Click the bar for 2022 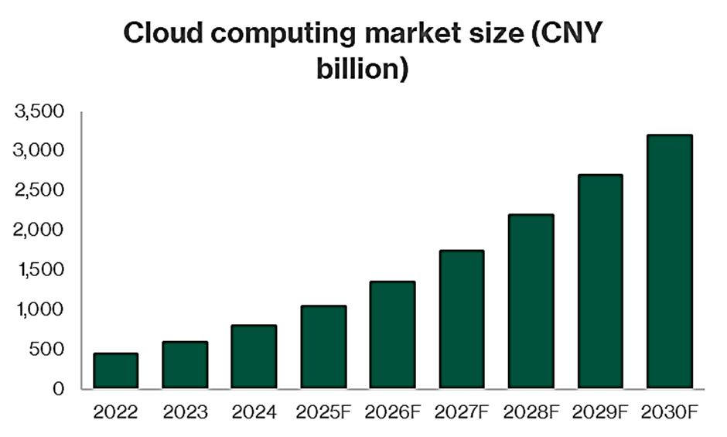115,370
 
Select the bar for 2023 185,364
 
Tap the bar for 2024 254,357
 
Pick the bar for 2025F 323,347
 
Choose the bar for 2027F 462,319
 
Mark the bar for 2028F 531,301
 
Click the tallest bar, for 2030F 669,261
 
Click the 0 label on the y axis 57,389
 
